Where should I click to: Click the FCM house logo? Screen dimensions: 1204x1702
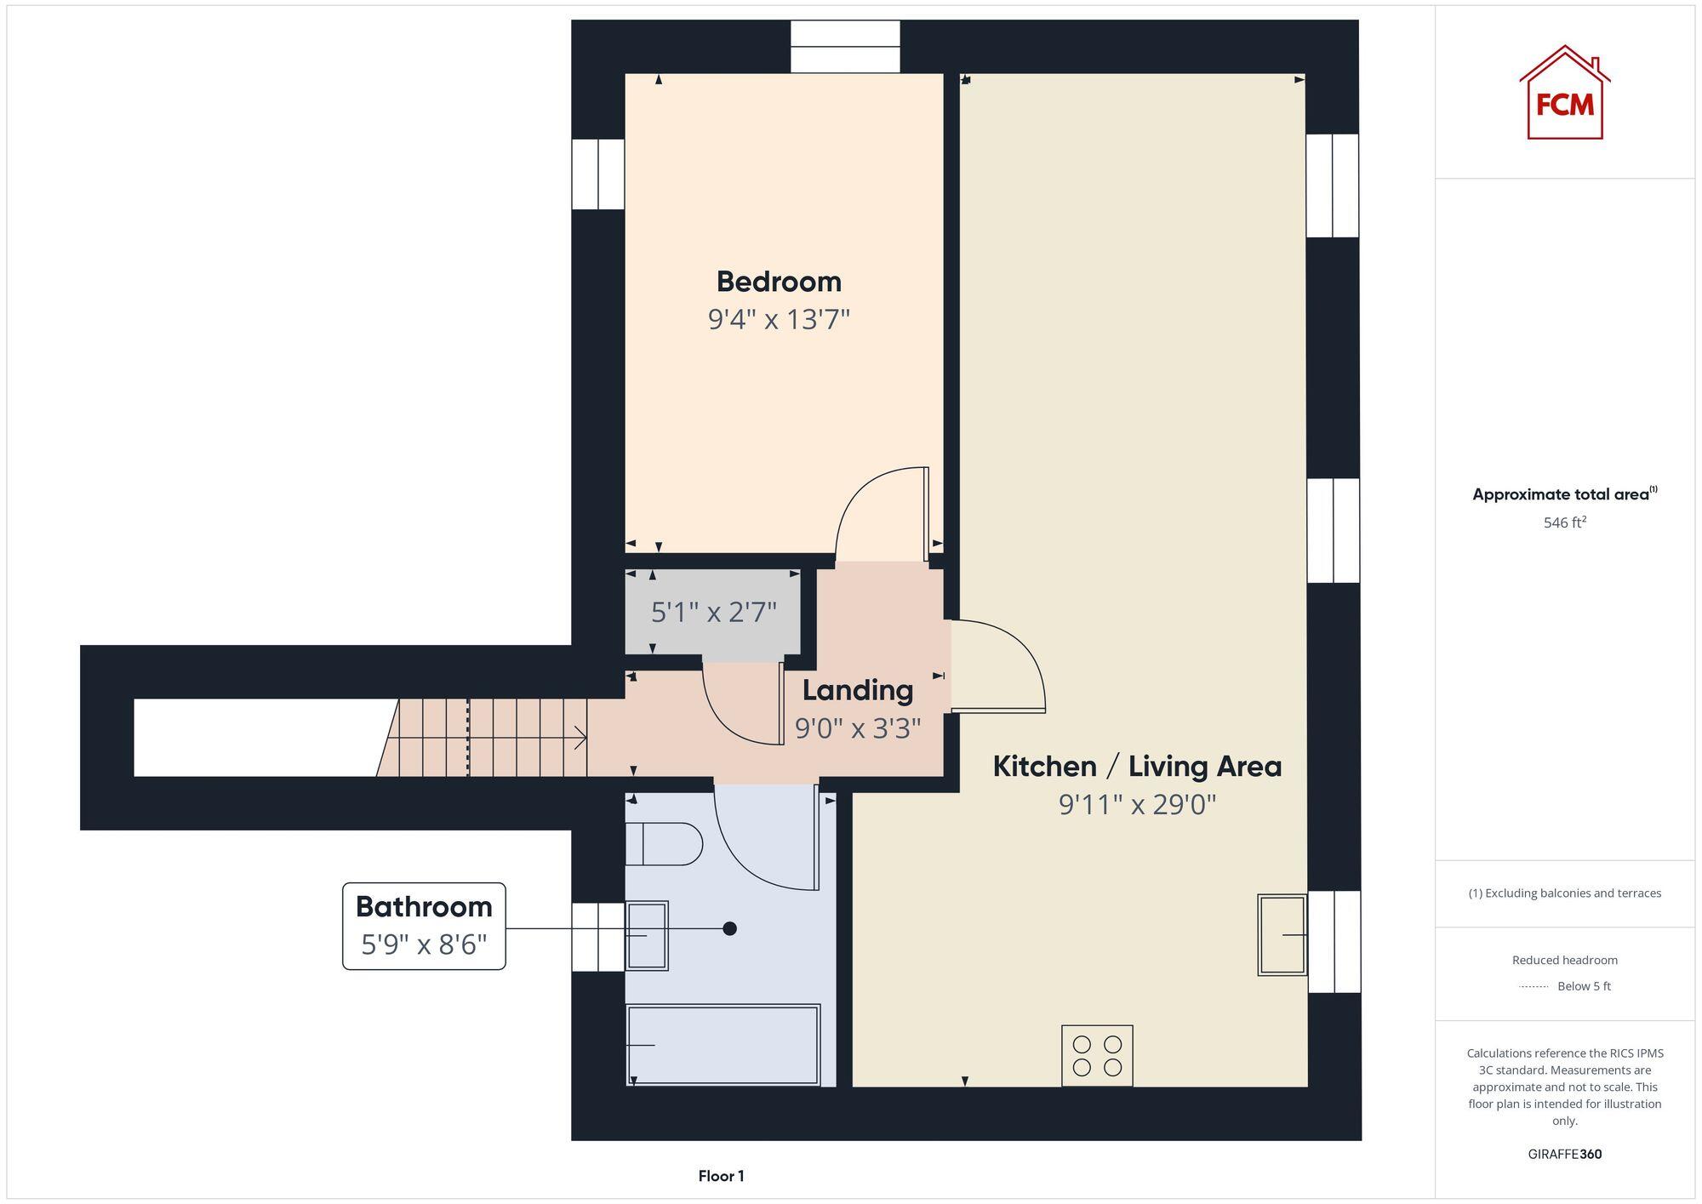coord(1564,94)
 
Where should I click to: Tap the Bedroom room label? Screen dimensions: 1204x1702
coord(779,282)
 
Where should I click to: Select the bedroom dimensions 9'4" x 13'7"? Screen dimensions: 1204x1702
coord(779,320)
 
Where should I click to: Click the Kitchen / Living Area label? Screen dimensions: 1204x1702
coord(1137,767)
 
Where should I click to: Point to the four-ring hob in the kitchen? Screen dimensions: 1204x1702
coord(1097,1055)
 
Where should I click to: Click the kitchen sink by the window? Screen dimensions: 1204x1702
coord(1282,934)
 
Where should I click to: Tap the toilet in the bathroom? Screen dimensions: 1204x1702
coord(664,843)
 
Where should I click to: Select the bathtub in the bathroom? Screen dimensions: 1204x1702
coord(723,1045)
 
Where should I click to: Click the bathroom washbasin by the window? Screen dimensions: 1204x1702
coord(647,935)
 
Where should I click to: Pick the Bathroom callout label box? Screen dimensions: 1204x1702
coord(424,926)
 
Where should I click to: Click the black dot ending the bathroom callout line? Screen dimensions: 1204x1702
coord(729,928)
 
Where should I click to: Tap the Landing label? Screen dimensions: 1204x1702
coord(857,690)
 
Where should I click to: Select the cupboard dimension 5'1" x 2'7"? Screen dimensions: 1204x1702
coord(713,612)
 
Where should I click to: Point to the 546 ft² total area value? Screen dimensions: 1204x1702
coord(1564,522)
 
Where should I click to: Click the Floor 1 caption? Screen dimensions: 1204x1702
coord(721,1176)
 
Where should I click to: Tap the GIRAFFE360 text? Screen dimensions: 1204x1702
coord(1564,1154)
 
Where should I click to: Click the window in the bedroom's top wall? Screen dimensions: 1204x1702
coord(845,47)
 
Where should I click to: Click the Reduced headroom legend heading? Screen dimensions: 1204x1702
coord(1564,960)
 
